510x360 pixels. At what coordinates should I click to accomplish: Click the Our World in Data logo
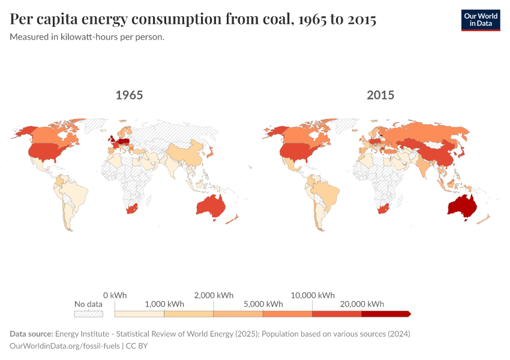(480, 19)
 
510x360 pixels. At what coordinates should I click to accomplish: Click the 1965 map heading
(129, 95)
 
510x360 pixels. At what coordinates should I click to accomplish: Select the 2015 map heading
(380, 95)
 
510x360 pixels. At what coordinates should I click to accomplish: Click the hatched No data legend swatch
(88, 314)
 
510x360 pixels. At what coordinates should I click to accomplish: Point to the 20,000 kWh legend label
(362, 304)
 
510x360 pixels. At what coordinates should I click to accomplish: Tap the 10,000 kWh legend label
(313, 295)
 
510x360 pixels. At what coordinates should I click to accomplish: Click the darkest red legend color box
(385, 314)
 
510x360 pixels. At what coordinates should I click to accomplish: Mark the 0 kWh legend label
(115, 295)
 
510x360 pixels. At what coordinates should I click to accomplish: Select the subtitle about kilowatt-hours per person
(88, 37)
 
